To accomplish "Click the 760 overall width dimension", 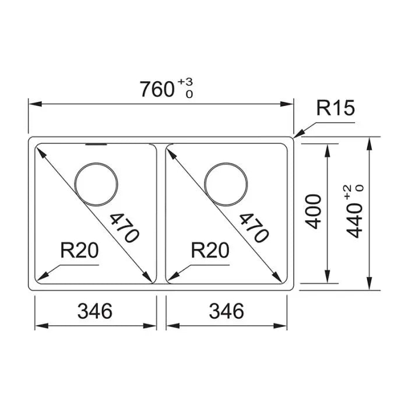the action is point(157,89).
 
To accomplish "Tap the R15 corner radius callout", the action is point(335,108).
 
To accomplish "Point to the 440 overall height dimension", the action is point(354,221).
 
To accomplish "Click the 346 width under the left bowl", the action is point(95,311).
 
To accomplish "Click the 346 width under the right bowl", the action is point(227,311).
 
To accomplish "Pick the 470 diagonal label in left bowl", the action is point(124,228).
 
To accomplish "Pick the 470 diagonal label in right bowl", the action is point(254,228).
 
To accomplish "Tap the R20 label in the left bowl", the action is point(79,250).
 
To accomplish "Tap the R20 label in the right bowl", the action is point(210,250).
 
